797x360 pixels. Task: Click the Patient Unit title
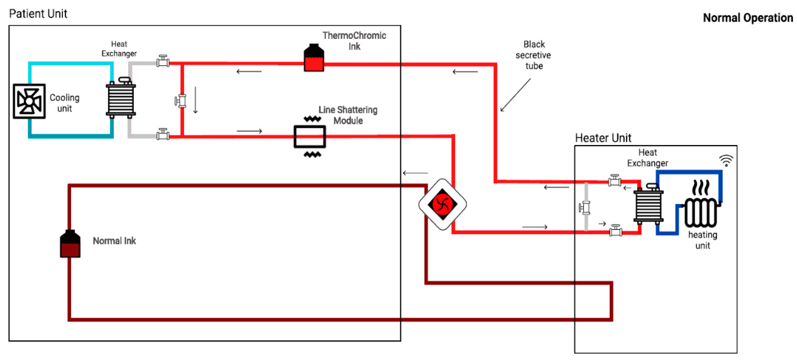pyautogui.click(x=38, y=14)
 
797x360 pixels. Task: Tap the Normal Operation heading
pyautogui.click(x=747, y=18)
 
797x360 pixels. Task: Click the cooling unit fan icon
pyautogui.click(x=29, y=101)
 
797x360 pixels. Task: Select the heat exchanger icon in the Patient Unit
pyautogui.click(x=121, y=98)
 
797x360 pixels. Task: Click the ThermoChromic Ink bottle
pyautogui.click(x=314, y=58)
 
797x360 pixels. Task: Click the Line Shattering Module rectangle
pyautogui.click(x=309, y=136)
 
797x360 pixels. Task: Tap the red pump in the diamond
pyautogui.click(x=442, y=204)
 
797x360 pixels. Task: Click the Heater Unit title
pyautogui.click(x=603, y=138)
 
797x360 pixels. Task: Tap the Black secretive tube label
pyautogui.click(x=533, y=55)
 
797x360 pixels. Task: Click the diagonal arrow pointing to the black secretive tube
pyautogui.click(x=515, y=95)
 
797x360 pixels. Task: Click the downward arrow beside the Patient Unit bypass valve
pyautogui.click(x=195, y=100)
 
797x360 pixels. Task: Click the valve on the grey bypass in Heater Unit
pyautogui.click(x=585, y=208)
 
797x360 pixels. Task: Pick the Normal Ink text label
pyautogui.click(x=114, y=241)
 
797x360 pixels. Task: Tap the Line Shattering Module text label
pyautogui.click(x=348, y=115)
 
